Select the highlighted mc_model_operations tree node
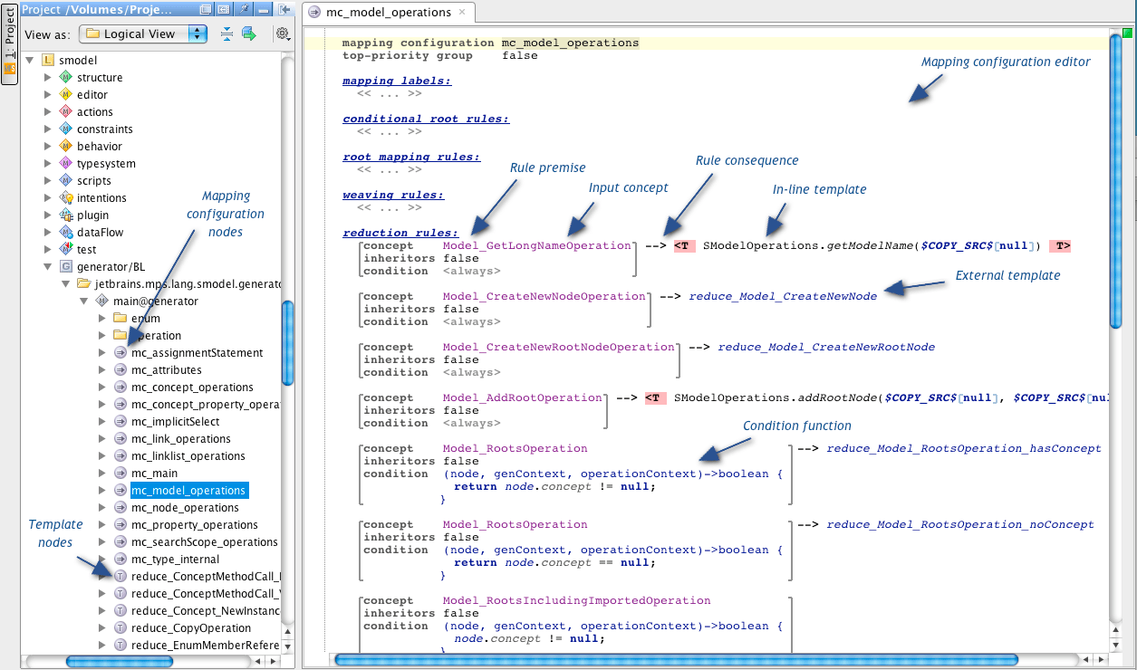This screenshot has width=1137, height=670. click(x=188, y=491)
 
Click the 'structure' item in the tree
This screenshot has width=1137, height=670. click(x=100, y=78)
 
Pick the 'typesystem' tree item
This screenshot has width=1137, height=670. click(x=106, y=164)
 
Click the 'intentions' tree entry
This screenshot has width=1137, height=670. click(x=101, y=198)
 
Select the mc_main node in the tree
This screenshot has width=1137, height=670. click(x=154, y=474)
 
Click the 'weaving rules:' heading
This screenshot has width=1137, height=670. click(x=393, y=195)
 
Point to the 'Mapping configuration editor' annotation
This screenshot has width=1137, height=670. click(x=1006, y=62)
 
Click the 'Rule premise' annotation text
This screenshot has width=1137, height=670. click(x=548, y=167)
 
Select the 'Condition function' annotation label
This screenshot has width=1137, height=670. click(x=797, y=426)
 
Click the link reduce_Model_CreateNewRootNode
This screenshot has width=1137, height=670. click(x=826, y=347)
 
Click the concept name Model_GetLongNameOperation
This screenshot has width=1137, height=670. click(x=536, y=245)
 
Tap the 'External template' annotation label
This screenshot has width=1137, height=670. click(x=1007, y=275)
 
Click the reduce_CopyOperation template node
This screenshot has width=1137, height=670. click(x=190, y=628)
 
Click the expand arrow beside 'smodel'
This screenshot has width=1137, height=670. click(x=30, y=61)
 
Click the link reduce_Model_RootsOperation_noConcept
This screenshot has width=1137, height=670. click(x=960, y=524)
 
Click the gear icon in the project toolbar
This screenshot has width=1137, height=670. click(x=283, y=33)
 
